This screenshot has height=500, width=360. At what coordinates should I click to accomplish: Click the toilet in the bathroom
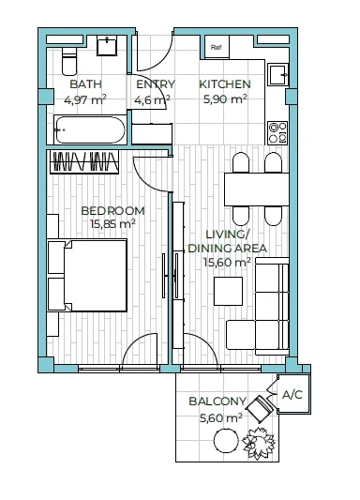click(x=69, y=62)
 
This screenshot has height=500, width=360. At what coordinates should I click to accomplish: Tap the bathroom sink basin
click(x=107, y=46)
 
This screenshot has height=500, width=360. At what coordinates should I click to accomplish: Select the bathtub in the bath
click(x=89, y=129)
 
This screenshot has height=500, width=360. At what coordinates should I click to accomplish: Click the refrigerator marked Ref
click(x=217, y=47)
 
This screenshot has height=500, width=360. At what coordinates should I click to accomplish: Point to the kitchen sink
click(x=278, y=75)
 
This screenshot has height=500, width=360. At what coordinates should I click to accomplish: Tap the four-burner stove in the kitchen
click(x=277, y=132)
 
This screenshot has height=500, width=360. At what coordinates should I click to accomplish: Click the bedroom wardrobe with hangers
click(x=84, y=161)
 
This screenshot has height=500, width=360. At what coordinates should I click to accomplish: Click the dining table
click(x=257, y=189)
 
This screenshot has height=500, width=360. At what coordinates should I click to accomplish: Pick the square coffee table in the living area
click(x=228, y=291)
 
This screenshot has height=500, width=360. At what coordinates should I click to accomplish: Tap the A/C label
click(x=292, y=395)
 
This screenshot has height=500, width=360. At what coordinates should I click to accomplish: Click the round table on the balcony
click(x=226, y=441)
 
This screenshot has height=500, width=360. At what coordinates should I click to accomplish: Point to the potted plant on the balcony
click(x=259, y=442)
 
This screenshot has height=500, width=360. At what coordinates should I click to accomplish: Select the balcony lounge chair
click(x=261, y=408)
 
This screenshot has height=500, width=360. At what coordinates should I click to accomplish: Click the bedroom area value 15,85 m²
click(x=112, y=223)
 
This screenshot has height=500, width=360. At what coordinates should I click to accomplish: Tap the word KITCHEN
click(x=225, y=84)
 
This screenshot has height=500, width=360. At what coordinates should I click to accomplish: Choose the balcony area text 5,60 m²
click(x=221, y=417)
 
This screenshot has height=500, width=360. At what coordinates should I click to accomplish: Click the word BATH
click(x=85, y=84)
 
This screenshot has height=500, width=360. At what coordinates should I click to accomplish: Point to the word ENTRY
click(x=156, y=84)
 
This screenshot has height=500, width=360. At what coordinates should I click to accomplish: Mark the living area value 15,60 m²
click(x=227, y=263)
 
